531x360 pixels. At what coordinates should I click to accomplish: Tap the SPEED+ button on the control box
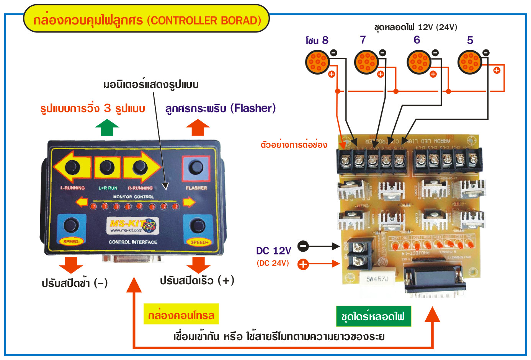tap(198, 226)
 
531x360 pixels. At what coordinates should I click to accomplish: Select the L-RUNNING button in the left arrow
tap(72, 167)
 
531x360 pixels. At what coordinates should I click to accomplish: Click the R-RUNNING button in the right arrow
tap(140, 167)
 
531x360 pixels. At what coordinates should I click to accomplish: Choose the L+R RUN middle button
tap(107, 167)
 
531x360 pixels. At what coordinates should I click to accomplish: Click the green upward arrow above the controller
tap(107, 127)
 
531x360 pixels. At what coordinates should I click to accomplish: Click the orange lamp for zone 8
tap(317, 62)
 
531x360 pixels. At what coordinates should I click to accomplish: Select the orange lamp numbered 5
tap(469, 62)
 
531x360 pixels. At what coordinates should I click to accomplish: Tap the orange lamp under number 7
tap(366, 62)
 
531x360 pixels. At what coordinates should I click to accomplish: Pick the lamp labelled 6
tap(419, 62)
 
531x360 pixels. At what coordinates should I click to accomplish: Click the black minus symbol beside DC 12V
tap(303, 246)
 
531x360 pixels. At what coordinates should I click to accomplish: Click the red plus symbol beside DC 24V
tap(303, 264)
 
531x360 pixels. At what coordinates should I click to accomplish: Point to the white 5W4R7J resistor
tap(377, 279)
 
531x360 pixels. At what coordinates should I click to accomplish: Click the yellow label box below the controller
tap(181, 314)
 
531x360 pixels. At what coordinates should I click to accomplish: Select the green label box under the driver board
tap(373, 316)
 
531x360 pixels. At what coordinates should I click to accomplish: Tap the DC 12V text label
tap(273, 251)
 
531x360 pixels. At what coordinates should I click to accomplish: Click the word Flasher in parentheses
tap(253, 108)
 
